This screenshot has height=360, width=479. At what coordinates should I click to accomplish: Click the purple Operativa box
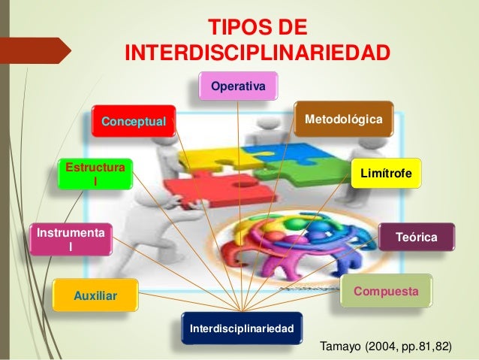pos(238,87)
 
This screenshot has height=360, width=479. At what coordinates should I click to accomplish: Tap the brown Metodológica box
pos(342,120)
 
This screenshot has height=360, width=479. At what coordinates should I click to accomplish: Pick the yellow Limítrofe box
pos(386,173)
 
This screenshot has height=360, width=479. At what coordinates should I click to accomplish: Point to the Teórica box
pos(417,237)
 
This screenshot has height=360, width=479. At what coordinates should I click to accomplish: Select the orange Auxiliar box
pos(95,297)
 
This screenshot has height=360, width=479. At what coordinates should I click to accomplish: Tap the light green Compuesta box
pos(386,289)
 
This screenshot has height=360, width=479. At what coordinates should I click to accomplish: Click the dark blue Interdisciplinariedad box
pos(242,328)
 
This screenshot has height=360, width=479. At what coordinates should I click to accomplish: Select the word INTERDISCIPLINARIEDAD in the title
pos(257,54)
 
